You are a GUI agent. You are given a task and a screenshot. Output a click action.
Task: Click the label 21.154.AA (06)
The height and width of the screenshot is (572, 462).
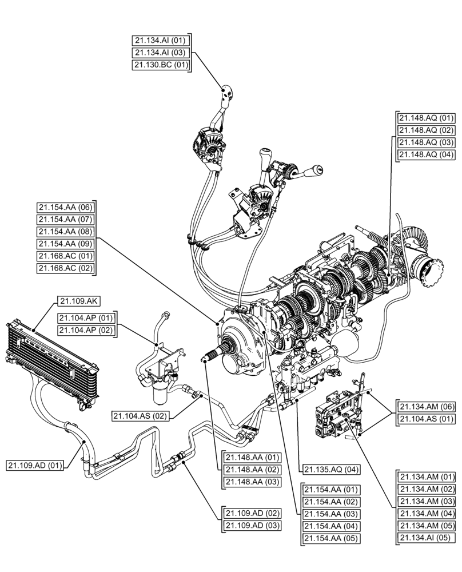coord(65,208)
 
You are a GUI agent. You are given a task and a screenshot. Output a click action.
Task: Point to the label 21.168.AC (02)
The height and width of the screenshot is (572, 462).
coord(65,268)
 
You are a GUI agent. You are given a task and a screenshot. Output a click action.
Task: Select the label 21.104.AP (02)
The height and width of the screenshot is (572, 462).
coord(85,330)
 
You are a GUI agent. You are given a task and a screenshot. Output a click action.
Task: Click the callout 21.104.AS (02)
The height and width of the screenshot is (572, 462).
coord(141,416)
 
